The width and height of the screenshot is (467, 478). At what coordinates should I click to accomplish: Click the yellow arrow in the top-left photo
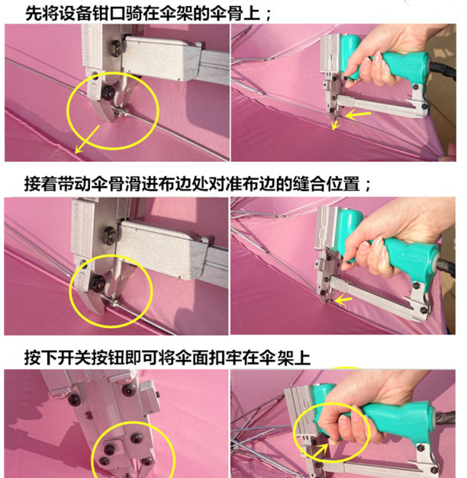tap(87, 139)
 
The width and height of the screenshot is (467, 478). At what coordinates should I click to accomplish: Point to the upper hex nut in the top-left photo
tap(117, 48)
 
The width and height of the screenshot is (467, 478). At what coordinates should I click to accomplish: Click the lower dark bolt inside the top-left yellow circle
tap(108, 92)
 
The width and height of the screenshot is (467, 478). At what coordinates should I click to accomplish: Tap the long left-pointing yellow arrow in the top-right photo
tap(358, 115)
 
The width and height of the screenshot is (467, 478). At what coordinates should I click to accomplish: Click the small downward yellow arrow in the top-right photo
tap(336, 124)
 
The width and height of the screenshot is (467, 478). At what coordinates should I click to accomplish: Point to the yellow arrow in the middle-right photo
tap(343, 301)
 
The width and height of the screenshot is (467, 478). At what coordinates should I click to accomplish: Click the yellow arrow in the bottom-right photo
tap(320, 451)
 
